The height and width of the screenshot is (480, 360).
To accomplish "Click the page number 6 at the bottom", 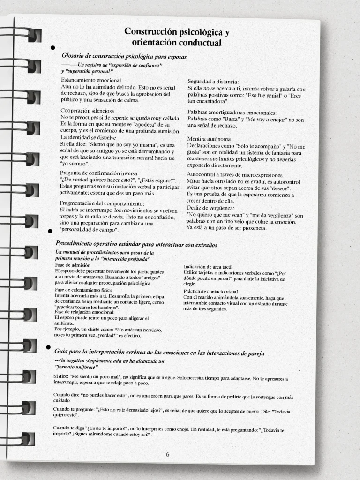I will point(167,454).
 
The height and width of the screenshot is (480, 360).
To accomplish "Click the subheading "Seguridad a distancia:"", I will point(213,82).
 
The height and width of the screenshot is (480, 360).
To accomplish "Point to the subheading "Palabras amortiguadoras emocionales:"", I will point(232,112).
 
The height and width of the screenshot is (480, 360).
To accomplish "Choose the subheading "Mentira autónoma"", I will point(209,139).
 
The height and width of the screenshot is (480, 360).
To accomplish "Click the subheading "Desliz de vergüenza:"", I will point(210,208).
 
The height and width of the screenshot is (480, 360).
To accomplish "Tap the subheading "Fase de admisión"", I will point(73,265).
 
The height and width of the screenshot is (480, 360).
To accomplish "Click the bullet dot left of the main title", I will point(52,47).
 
